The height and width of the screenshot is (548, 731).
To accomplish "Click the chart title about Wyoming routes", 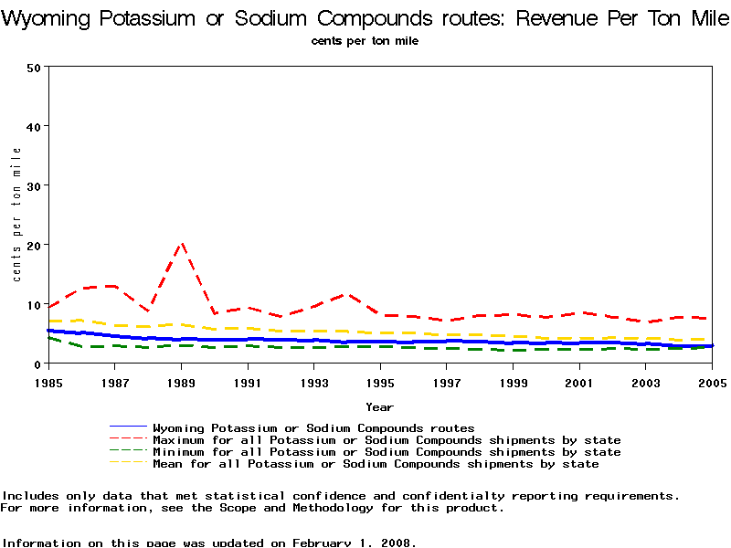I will pos(365,18).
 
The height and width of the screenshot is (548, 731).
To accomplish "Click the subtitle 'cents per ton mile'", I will pos(365,41).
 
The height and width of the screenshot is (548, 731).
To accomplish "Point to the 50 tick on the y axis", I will pos(35,67).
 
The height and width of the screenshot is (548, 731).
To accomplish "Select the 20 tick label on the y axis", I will pos(35,245).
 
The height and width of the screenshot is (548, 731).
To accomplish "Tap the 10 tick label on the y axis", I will pos(35,304).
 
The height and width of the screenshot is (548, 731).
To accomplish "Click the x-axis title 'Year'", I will pos(379,406).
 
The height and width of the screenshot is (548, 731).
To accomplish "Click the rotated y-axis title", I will pos(16,215).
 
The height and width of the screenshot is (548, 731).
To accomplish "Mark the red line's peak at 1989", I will pos(182,244).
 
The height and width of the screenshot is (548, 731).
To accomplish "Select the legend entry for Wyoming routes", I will pos(313,427).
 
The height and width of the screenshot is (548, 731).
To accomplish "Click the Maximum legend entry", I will pos(387,440).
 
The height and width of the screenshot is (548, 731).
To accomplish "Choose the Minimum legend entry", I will pos(387,452).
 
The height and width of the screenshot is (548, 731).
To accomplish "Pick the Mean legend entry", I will pos(376,464).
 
